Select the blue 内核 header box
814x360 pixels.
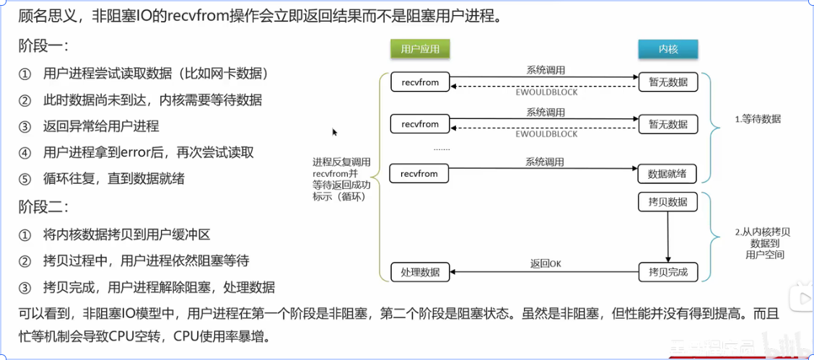[x=668, y=49]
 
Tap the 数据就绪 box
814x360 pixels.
[x=668, y=174]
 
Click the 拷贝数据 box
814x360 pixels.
[x=668, y=201]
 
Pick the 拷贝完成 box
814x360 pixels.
[x=668, y=272]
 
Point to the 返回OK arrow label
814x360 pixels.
[x=545, y=264]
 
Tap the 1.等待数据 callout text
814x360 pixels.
[x=758, y=119]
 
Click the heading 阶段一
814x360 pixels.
[x=43, y=45]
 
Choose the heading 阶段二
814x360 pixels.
[x=43, y=207]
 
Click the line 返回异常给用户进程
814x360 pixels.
[x=101, y=126]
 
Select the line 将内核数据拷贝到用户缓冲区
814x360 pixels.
[x=127, y=234]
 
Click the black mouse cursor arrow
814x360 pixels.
[x=335, y=132]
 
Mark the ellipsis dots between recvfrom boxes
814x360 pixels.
[x=442, y=149]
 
